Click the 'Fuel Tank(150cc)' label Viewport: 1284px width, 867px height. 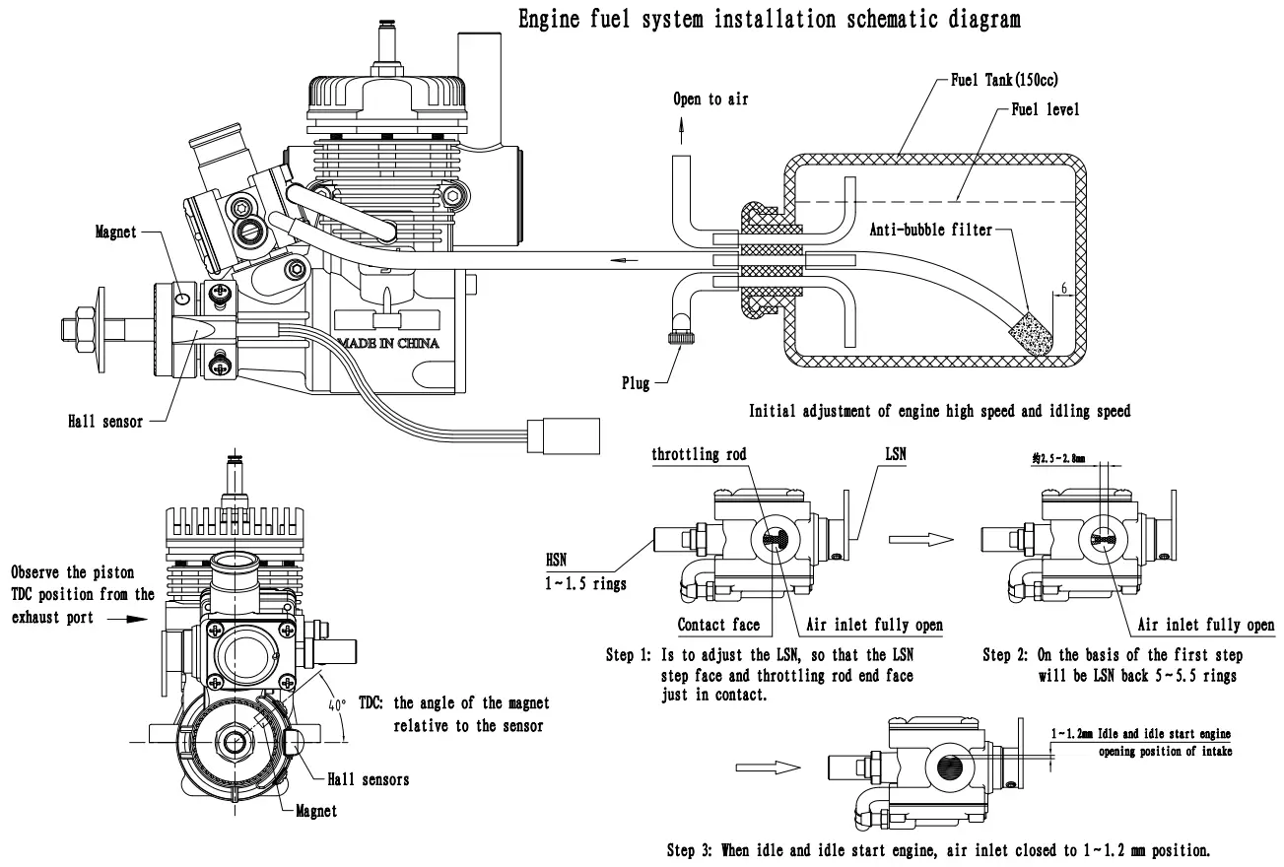tap(1005, 80)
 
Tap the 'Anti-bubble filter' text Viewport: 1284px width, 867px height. tap(931, 230)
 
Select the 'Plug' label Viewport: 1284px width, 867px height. tap(636, 383)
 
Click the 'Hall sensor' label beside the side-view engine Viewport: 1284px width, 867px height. tap(105, 422)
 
